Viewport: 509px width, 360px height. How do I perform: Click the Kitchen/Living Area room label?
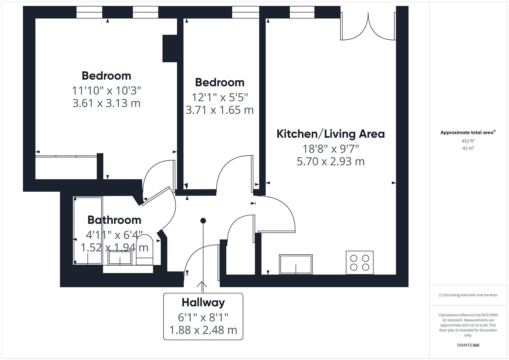(x=330, y=134)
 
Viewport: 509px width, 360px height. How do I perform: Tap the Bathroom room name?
(x=114, y=220)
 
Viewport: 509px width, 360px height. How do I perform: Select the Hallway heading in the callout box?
(x=203, y=302)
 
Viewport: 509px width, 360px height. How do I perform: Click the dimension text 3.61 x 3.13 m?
(x=106, y=103)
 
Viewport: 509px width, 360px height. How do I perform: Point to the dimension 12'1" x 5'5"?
(x=220, y=97)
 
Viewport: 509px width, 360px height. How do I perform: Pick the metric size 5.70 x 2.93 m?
(x=330, y=161)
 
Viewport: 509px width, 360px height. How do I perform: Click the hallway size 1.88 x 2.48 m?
(x=203, y=330)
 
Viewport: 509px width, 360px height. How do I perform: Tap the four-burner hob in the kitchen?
(x=360, y=262)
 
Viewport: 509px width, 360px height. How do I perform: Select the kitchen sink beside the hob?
(x=296, y=264)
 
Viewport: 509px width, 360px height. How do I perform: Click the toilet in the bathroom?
(x=145, y=250)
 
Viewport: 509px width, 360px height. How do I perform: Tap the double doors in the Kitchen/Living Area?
(x=368, y=27)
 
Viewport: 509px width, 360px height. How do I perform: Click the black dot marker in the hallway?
(x=203, y=221)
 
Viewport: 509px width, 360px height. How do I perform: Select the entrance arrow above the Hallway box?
(x=202, y=285)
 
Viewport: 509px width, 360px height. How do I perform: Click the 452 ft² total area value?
(x=468, y=141)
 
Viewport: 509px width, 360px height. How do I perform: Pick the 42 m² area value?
(x=468, y=148)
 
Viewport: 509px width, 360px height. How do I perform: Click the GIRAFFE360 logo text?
(x=468, y=345)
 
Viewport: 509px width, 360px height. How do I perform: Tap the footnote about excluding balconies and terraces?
(x=468, y=295)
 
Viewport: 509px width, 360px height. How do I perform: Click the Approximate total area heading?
(x=467, y=132)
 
